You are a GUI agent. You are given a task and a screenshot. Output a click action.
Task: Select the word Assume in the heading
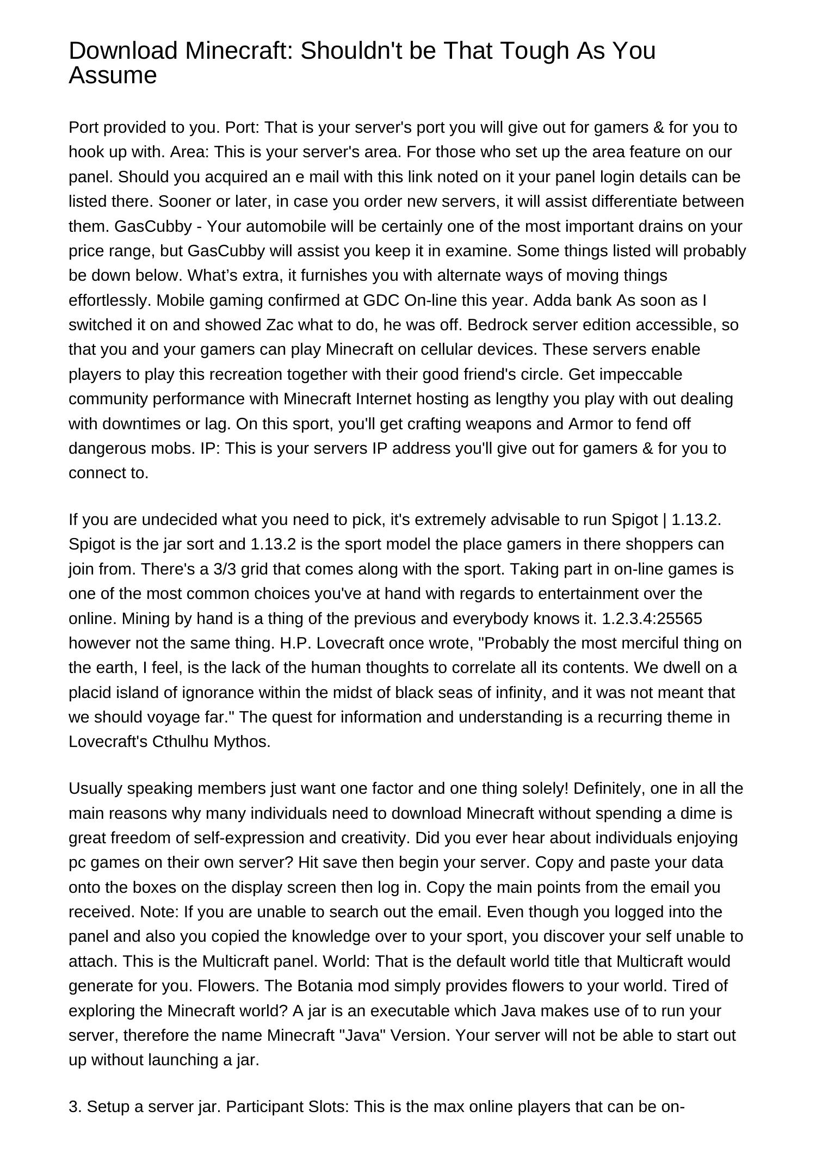pos(113,75)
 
